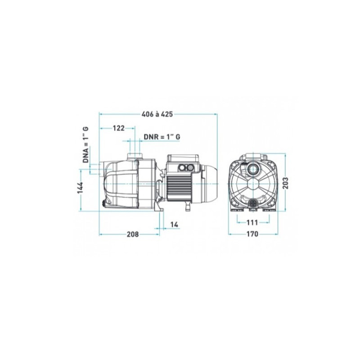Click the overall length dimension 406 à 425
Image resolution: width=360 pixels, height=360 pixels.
click(157, 114)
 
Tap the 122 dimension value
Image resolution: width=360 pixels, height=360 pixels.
click(118, 128)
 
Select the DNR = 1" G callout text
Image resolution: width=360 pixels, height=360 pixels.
click(162, 137)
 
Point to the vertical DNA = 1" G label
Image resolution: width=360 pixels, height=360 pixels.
click(85, 144)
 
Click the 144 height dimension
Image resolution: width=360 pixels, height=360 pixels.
click(80, 188)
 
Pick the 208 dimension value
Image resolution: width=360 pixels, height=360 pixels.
click(133, 234)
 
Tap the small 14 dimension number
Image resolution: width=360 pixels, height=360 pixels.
click(174, 225)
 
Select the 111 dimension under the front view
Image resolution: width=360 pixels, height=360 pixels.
click(252, 222)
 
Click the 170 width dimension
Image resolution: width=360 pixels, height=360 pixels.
click(252, 234)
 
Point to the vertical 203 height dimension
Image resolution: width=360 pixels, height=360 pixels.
click(285, 183)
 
